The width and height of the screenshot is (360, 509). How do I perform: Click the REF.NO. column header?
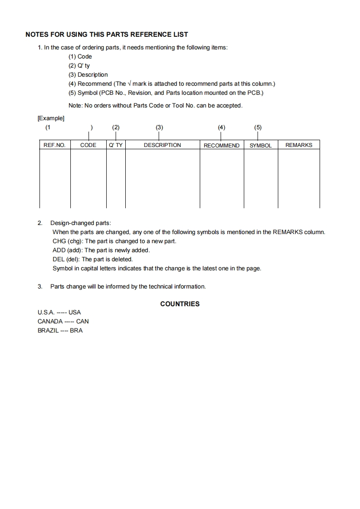(x=54, y=145)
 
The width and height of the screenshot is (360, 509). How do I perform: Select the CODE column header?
(x=88, y=145)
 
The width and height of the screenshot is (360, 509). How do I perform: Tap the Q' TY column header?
(x=116, y=145)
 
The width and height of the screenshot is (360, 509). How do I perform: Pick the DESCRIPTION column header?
(x=162, y=145)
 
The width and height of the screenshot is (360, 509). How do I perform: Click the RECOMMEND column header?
(x=222, y=146)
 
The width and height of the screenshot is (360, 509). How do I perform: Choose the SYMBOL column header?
(x=261, y=146)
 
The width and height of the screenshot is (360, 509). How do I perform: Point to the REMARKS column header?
(x=299, y=145)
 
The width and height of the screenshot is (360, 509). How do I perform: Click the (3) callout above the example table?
(x=159, y=127)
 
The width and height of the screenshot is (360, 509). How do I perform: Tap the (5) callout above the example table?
(x=258, y=127)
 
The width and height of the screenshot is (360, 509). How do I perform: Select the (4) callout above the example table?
(x=221, y=127)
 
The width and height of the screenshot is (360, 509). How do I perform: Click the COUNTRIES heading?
(x=180, y=304)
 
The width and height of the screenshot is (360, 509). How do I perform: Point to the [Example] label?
(x=51, y=118)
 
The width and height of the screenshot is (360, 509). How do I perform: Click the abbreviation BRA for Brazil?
(x=76, y=330)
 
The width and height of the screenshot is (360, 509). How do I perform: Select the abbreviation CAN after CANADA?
(x=83, y=321)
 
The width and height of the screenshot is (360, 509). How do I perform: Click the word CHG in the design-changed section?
(x=59, y=241)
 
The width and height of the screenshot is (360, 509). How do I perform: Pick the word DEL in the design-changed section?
(x=59, y=259)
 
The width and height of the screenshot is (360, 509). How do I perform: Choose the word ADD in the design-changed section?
(x=59, y=250)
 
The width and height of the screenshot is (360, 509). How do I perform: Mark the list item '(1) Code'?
(x=80, y=57)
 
